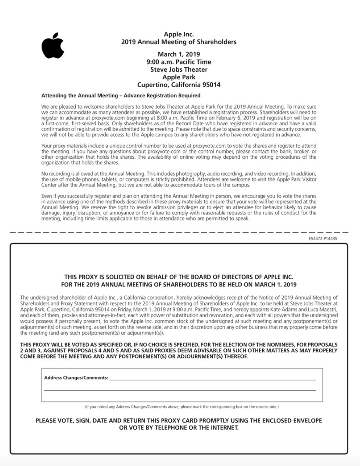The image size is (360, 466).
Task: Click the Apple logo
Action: click(x=53, y=46)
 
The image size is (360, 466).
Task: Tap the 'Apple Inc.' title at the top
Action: click(x=179, y=34)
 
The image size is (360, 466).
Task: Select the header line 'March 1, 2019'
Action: click(x=179, y=54)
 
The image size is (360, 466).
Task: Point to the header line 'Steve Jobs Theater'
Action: click(x=179, y=69)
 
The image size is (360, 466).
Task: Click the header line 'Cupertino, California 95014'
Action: click(x=179, y=85)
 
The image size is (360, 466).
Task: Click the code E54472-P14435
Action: click(x=323, y=239)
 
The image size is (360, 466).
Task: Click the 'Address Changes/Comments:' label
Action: click(x=76, y=378)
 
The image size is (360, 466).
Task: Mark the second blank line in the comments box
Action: click(x=180, y=390)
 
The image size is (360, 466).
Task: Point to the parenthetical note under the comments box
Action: click(x=182, y=407)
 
